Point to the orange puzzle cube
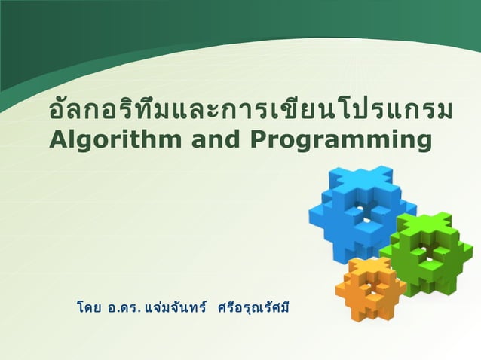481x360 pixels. tap(371, 288)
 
